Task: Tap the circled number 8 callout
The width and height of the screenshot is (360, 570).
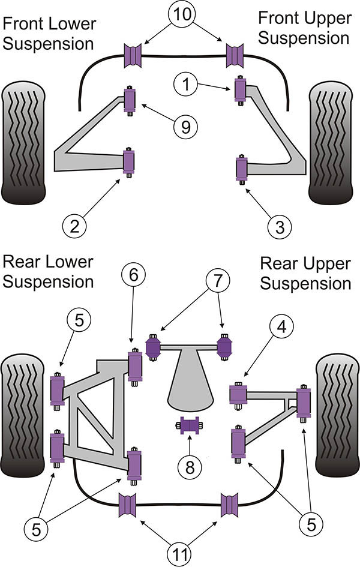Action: click(x=190, y=466)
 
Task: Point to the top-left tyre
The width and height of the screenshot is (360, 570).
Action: click(x=24, y=144)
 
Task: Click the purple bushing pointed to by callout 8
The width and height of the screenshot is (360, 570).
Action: click(x=190, y=427)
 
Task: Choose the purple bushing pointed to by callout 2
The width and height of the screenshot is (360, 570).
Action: click(x=129, y=161)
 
